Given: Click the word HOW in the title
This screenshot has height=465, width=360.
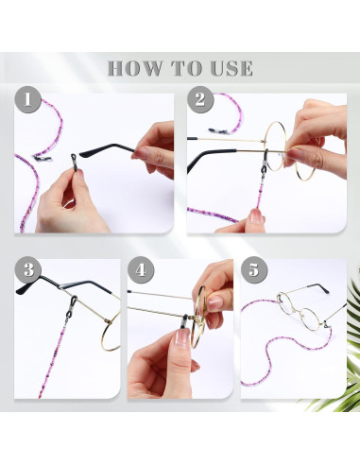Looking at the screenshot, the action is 135,68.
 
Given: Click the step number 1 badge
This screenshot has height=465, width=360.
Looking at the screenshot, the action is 27,99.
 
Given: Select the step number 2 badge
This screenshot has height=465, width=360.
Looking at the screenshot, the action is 200,99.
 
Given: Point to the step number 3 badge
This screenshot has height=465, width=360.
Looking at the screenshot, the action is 28,270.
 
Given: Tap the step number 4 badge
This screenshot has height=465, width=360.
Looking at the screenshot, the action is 141,270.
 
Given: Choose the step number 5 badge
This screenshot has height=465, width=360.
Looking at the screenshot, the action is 254,270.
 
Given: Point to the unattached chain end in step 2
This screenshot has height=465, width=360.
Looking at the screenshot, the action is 219,130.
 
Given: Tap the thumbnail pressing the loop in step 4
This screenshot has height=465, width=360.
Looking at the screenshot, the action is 182,337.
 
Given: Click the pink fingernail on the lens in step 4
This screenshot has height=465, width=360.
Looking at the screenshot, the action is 215,302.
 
